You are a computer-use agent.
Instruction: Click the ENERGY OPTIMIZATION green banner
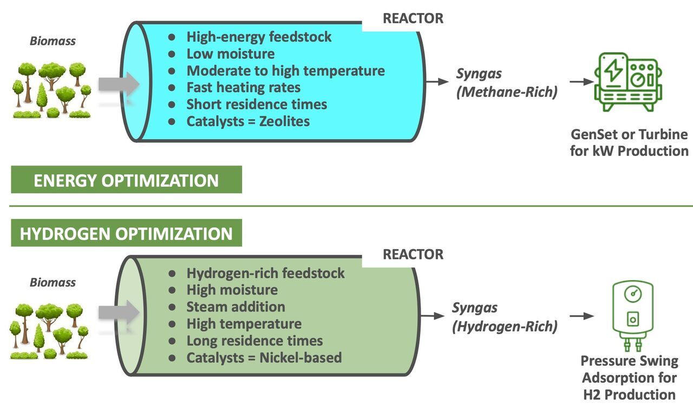pyautogui.click(x=126, y=180)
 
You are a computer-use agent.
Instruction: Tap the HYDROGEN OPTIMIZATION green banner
pyautogui.click(x=126, y=234)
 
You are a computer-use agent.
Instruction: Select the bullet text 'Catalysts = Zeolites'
pyautogui.click(x=248, y=121)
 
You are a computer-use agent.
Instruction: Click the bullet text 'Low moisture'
pyautogui.click(x=230, y=54)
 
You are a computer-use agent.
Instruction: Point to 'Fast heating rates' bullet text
pyautogui.click(x=243, y=87)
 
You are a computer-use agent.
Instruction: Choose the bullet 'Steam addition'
pyautogui.click(x=236, y=307)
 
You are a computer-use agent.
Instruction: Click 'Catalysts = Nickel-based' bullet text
pyautogui.click(x=264, y=358)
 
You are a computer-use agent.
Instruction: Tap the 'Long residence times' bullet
pyautogui.click(x=254, y=341)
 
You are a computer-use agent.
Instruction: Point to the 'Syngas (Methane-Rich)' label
pyautogui.click(x=506, y=83)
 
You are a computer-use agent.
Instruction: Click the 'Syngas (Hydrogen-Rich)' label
pyautogui.click(x=505, y=317)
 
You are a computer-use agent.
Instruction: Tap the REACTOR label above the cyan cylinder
pyautogui.click(x=413, y=18)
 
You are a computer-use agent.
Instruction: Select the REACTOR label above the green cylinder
pyautogui.click(x=413, y=254)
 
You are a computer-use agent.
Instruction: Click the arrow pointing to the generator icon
pyautogui.click(x=581, y=82)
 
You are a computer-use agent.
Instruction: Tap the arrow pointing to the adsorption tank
pyautogui.click(x=581, y=316)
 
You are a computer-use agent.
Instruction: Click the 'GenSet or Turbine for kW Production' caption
pyautogui.click(x=629, y=142)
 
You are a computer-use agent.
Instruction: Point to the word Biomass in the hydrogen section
pyautogui.click(x=53, y=282)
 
